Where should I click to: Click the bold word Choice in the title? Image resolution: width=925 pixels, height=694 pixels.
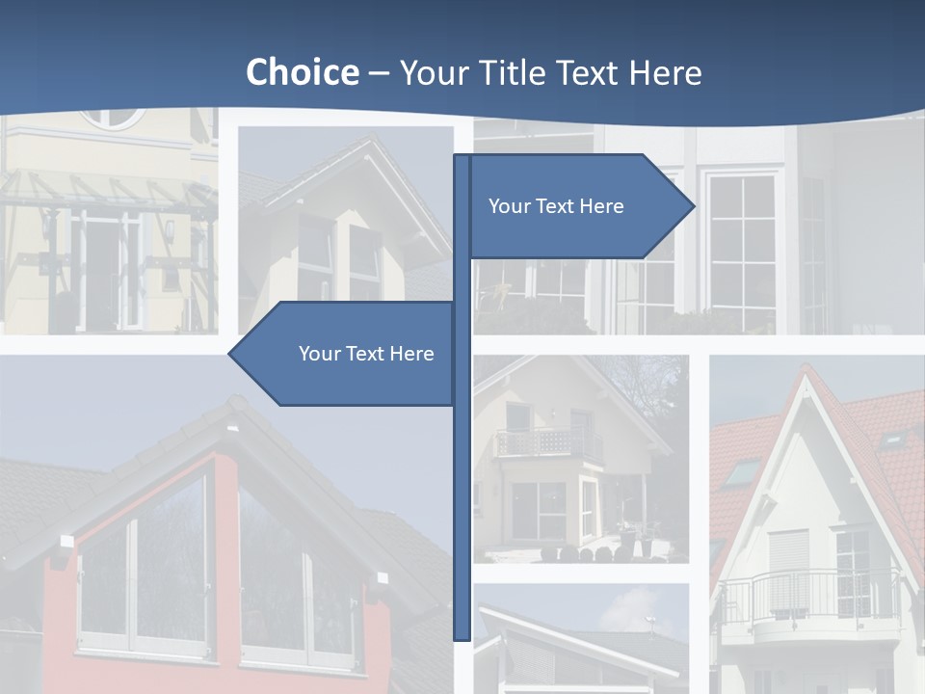pyautogui.click(x=302, y=72)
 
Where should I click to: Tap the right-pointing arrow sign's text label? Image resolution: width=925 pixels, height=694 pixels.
pyautogui.click(x=556, y=206)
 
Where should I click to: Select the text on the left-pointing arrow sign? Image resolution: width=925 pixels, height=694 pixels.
pyautogui.click(x=366, y=354)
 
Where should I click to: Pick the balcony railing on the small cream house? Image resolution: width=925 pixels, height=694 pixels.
pyautogui.click(x=547, y=443)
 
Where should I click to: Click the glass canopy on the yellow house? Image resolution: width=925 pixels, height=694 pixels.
pyautogui.click(x=106, y=193)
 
